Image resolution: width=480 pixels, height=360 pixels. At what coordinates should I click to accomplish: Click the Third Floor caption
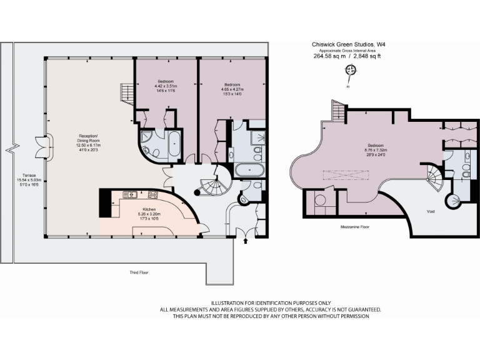139,272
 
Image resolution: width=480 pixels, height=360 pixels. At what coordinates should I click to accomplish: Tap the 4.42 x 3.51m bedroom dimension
166,87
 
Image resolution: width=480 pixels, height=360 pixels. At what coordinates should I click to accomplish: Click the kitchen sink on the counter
129,194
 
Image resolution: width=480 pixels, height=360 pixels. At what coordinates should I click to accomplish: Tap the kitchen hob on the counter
153,194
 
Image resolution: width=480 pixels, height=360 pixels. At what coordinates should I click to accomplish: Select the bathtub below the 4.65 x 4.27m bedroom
249,169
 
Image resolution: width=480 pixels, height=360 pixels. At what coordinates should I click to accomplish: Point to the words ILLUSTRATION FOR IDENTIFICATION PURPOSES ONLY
270,302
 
